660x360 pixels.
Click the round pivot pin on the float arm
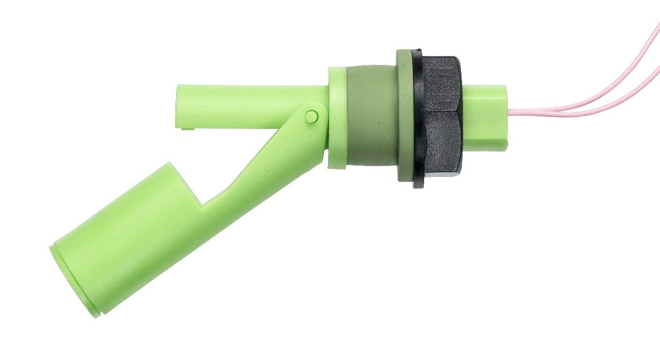click(311, 116)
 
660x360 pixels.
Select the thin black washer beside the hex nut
click(418, 119)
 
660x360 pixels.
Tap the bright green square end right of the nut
click(486, 116)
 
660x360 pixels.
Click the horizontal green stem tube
click(249, 102)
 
